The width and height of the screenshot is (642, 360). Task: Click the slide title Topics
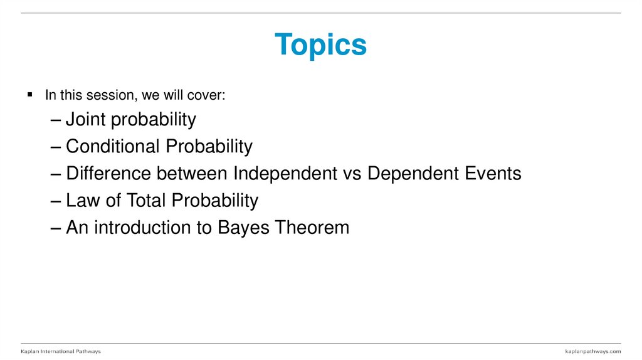pos(320,45)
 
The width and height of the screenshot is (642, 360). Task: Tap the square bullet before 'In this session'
pos(29,95)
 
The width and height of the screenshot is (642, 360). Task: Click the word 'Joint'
pos(87,119)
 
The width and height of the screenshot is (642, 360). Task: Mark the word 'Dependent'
pos(413,174)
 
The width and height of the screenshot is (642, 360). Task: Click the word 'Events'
pos(493,173)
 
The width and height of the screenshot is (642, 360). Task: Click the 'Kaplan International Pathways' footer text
pos(60,351)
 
